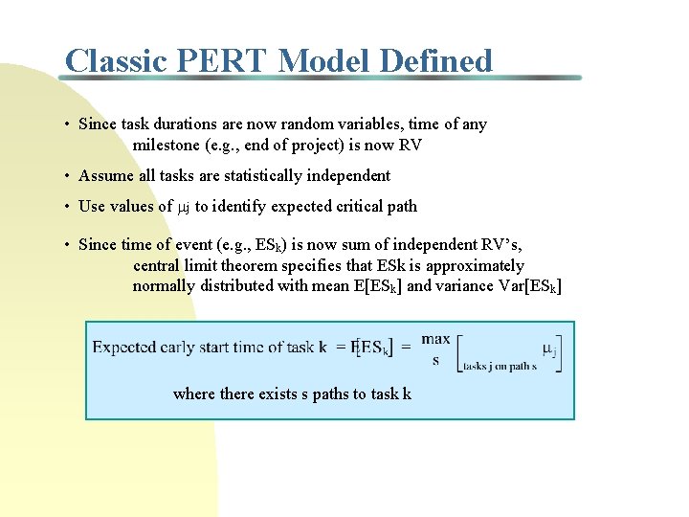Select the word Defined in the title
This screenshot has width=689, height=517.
436,61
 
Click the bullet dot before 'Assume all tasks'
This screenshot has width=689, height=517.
68,176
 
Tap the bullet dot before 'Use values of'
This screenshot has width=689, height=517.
68,207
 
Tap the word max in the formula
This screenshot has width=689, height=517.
435,338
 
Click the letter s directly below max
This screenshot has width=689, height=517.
435,360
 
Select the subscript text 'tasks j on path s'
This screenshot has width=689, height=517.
499,366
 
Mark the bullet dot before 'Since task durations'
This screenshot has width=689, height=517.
68,124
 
